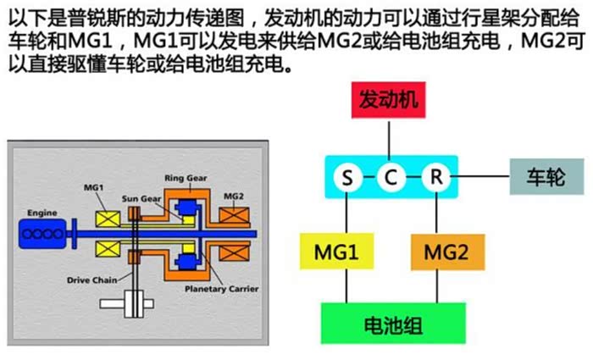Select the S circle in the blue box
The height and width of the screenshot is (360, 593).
coord(346,178)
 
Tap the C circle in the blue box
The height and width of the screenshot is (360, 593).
coord(390,178)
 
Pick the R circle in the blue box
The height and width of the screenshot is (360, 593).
coord(435,178)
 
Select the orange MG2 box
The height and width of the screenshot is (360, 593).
coord(446,253)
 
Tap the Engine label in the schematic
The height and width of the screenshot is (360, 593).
coord(42,212)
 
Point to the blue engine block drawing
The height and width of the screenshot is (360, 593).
coord(43,232)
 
